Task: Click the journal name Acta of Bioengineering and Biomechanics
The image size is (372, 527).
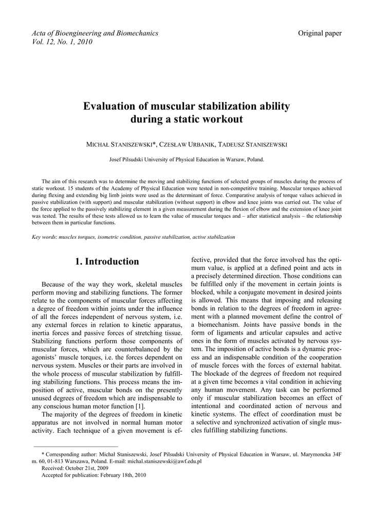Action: [95, 33]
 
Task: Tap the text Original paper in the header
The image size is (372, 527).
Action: [320, 33]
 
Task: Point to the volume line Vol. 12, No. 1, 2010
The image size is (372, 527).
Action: [62, 42]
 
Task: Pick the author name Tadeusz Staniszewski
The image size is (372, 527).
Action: [252, 145]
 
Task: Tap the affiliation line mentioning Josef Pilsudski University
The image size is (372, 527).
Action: [187, 160]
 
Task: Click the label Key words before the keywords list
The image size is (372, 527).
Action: [44, 237]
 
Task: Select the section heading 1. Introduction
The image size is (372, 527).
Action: [107, 261]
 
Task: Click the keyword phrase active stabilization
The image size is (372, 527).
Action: [214, 237]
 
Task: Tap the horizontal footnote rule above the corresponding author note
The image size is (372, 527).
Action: [76, 446]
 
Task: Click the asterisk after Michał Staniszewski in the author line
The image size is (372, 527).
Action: [155, 144]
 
